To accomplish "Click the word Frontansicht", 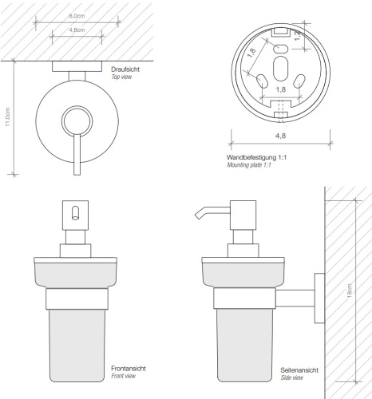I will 129,368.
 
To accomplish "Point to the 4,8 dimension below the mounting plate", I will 280,136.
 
